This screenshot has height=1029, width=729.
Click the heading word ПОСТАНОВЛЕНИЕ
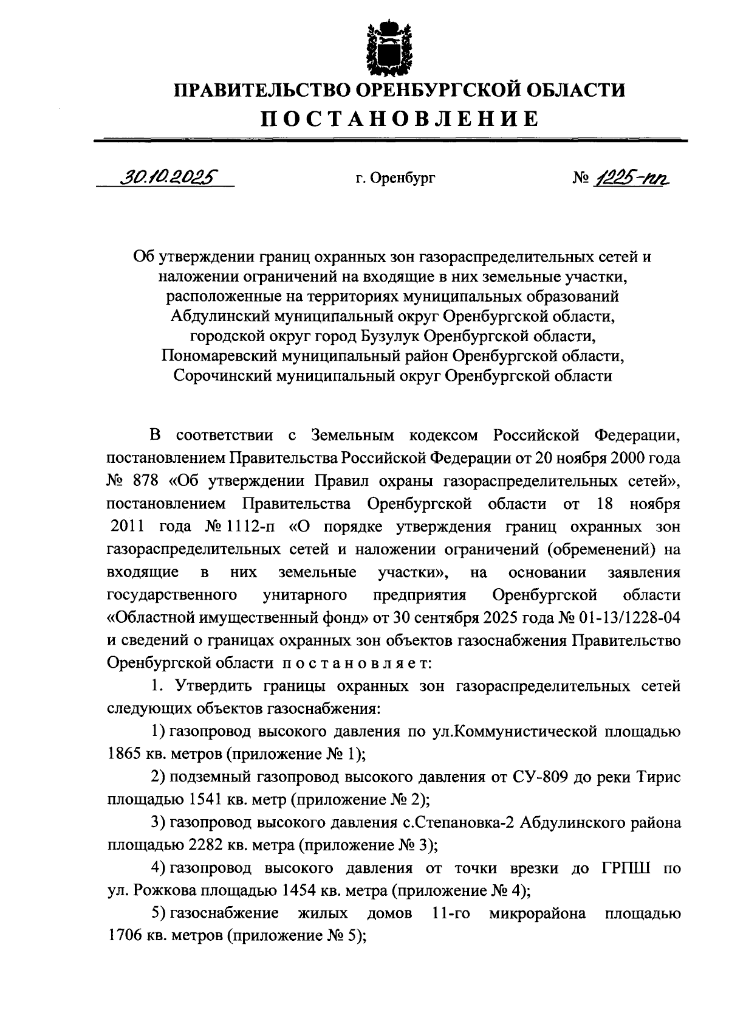tap(399, 118)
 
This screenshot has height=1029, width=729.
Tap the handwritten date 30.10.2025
tap(168, 177)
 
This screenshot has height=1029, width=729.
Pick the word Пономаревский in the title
tap(221, 356)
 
